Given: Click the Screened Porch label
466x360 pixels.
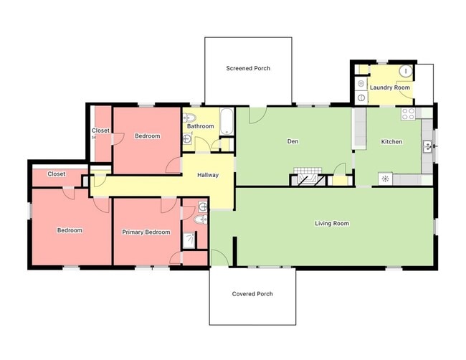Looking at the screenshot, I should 248,69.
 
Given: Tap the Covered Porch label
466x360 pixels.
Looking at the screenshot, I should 252,294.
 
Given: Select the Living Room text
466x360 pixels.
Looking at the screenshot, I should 332,224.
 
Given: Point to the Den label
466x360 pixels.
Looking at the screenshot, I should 293,141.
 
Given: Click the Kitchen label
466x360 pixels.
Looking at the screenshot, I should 391,142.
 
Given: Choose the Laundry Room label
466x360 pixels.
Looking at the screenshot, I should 390,87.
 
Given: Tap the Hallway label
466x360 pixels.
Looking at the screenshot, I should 208,175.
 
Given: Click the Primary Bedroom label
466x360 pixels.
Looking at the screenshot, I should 146,232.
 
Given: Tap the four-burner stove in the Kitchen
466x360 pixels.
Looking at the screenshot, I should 409,113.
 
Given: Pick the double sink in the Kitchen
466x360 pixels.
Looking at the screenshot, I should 427,146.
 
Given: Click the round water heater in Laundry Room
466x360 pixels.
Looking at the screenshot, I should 406,72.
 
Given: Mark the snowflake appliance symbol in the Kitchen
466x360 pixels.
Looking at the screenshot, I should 385,179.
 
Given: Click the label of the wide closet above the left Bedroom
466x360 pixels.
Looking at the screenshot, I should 57,174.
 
